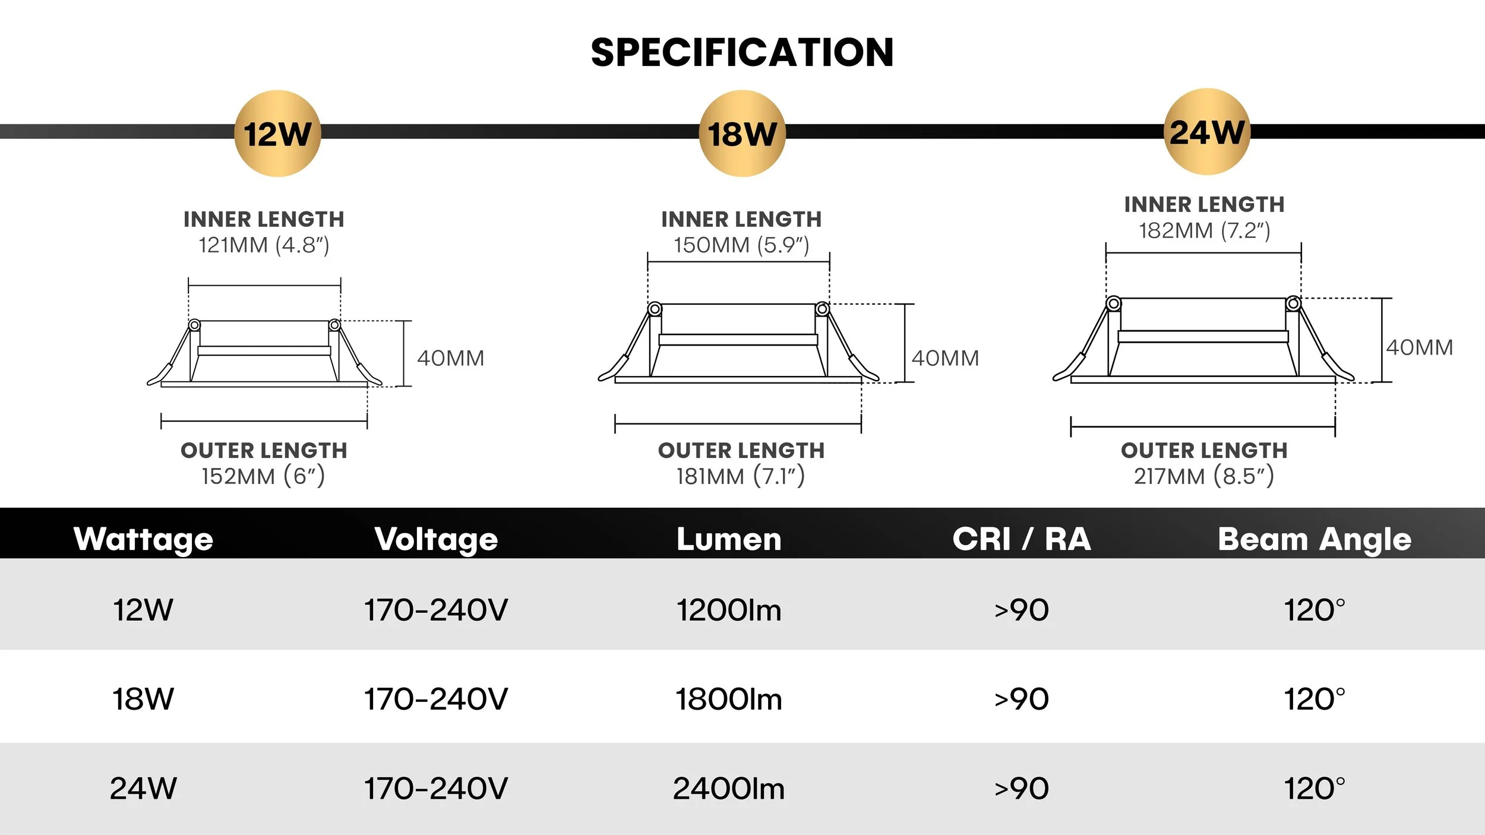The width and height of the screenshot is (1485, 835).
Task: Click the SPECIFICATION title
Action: [x=742, y=52]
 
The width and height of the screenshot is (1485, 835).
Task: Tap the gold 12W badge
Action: [x=277, y=134]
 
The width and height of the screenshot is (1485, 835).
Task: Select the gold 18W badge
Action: [x=742, y=134]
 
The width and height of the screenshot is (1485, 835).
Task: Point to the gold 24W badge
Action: [x=1206, y=132]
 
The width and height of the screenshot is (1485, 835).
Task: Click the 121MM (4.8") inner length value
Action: [x=264, y=245]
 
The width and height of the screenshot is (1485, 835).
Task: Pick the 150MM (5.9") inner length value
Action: [x=741, y=245]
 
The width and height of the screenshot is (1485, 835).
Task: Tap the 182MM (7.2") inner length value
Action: [x=1204, y=230]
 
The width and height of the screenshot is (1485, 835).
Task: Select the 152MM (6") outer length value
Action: [x=263, y=476]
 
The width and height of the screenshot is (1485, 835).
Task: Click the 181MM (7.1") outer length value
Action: [x=741, y=476]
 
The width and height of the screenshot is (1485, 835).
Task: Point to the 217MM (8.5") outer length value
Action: [x=1204, y=476]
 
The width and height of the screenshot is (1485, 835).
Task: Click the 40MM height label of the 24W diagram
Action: [x=1420, y=347]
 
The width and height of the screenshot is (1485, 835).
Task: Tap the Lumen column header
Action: [x=729, y=539]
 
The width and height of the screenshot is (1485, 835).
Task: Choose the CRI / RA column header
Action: [x=1022, y=539]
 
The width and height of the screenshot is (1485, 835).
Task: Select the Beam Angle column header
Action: [x=1315, y=539]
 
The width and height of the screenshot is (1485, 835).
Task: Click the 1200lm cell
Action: [x=729, y=610]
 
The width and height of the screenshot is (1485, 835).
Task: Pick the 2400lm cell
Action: [x=729, y=789]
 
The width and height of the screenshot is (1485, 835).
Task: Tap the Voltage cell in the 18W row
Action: [x=436, y=699]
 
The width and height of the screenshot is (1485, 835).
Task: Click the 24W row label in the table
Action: [x=143, y=789]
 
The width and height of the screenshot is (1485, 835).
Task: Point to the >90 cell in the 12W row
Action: [x=1022, y=610]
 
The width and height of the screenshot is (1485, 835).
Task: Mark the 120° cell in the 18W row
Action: [x=1315, y=699]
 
